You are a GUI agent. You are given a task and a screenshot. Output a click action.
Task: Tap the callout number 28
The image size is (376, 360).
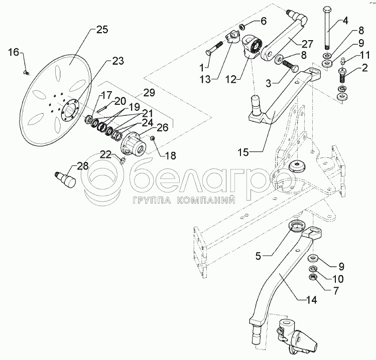tap(82, 165)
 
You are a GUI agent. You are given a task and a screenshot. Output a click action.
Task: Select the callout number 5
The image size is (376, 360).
tap(259, 256)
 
